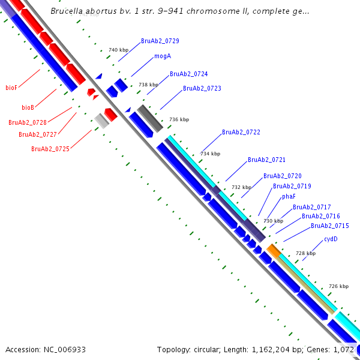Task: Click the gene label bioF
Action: click(x=11, y=88)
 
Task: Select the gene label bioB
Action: click(x=28, y=108)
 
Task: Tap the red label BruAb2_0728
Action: click(x=28, y=122)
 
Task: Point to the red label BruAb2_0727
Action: click(x=38, y=134)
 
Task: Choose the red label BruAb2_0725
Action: click(x=50, y=149)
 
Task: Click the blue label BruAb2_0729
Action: click(x=160, y=41)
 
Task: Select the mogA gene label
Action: click(x=163, y=56)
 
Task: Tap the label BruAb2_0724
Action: click(x=189, y=74)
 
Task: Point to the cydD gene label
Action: click(x=331, y=239)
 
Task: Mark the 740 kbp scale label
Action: click(x=118, y=50)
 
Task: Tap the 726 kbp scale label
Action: click(x=339, y=286)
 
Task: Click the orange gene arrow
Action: click(x=274, y=250)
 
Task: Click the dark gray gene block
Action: click(x=151, y=119)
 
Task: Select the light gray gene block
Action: click(x=101, y=121)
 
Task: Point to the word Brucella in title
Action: click(x=67, y=11)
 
